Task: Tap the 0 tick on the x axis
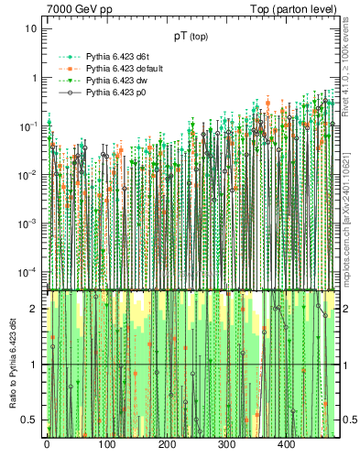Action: point(47,445)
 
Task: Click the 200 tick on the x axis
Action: point(167,445)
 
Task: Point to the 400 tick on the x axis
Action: point(287,445)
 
